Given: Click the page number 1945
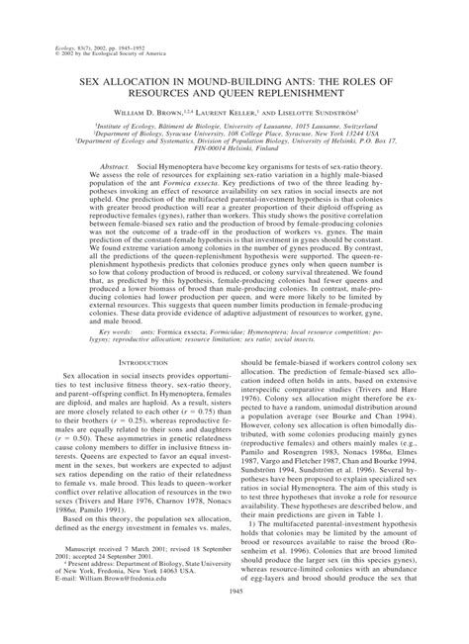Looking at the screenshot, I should (234, 618).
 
